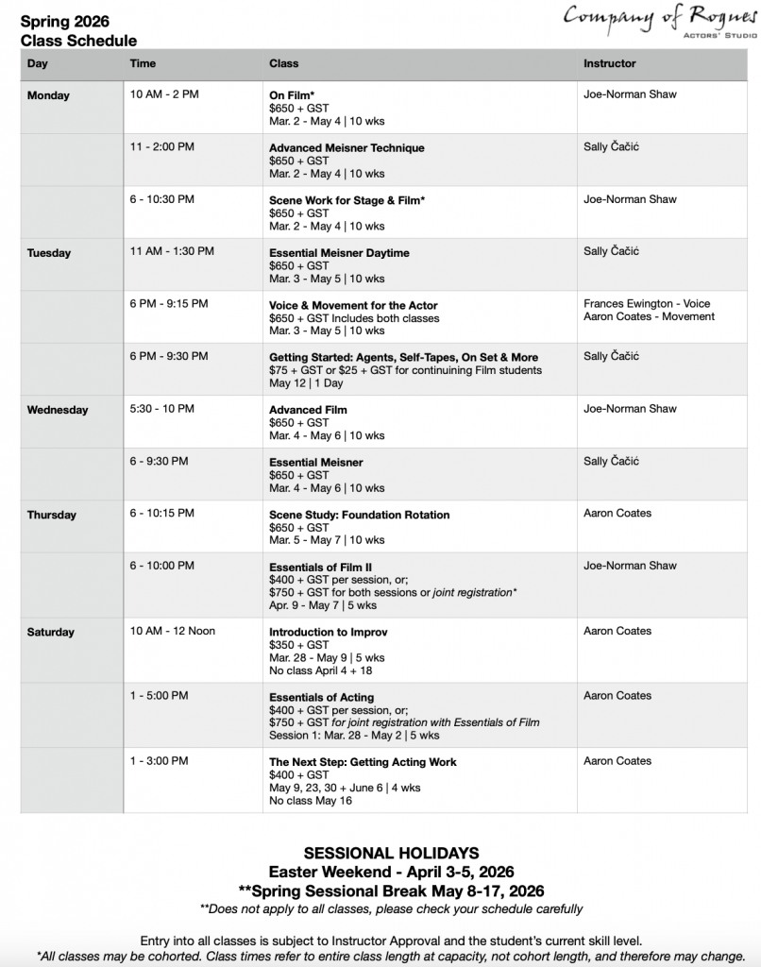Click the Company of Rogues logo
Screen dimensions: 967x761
660,20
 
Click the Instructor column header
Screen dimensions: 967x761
610,63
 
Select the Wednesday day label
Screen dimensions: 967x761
58,410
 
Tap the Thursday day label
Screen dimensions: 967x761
51,515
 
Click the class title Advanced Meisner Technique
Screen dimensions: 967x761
347,148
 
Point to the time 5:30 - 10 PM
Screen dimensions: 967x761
162,409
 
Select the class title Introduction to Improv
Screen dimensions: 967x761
329,632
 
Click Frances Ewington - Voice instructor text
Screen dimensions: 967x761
647,304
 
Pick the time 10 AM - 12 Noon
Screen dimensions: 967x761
173,631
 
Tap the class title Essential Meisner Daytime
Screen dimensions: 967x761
339,253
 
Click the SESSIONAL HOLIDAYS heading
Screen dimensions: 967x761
391,853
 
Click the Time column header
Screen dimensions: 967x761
144,63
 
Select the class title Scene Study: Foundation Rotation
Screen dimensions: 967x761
359,515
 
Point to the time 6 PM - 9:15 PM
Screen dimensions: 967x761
169,304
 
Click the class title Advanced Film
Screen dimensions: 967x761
308,410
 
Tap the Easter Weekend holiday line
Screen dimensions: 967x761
391,872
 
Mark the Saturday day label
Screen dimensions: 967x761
51,632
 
